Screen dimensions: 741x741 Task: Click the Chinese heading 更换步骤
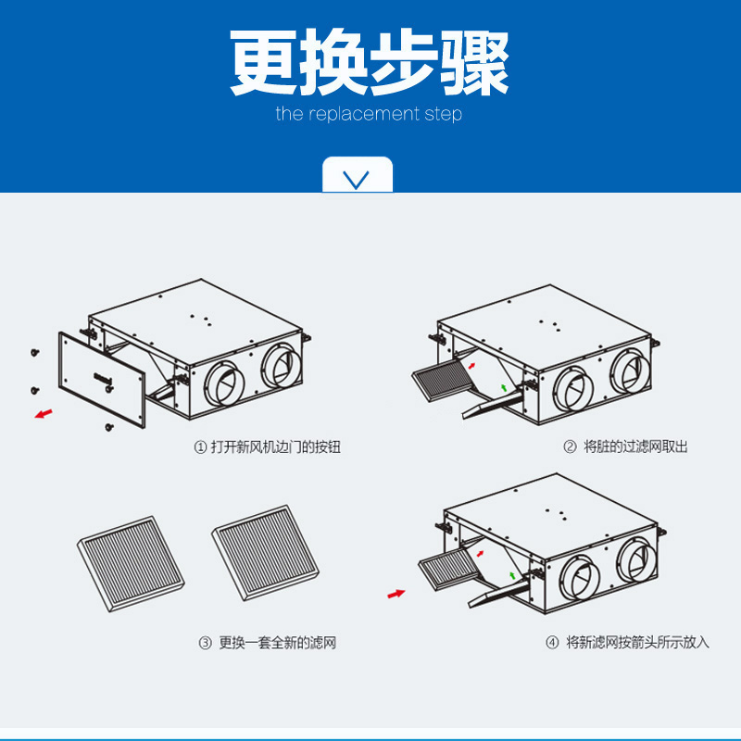pos(370,63)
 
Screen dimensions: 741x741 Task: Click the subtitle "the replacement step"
pos(369,115)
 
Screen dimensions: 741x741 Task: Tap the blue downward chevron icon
pos(358,178)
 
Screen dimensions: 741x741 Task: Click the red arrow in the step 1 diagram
pos(43,413)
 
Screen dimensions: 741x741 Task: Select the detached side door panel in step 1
pos(102,381)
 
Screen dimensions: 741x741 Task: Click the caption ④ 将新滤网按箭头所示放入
pos(628,642)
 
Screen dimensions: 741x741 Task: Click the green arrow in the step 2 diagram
pos(503,385)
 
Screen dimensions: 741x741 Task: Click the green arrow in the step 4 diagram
pos(512,576)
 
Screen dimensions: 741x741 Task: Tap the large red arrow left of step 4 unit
pos(396,593)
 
